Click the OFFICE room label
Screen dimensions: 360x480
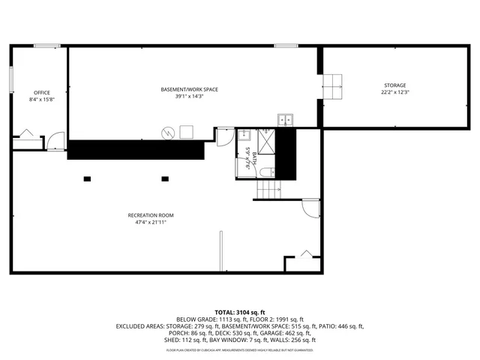coord(42,93)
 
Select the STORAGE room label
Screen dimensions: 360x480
coord(395,85)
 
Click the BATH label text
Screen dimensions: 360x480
coord(255,157)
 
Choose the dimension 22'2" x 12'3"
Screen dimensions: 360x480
coord(395,92)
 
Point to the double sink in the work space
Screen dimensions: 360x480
coord(286,118)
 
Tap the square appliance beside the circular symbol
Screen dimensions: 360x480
coord(185,132)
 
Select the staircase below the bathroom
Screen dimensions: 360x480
coord(268,190)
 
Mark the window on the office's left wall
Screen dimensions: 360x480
coord(11,79)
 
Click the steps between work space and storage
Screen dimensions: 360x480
coord(333,85)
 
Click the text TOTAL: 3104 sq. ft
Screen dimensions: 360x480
coord(240,311)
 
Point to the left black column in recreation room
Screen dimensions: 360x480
coord(87,178)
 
